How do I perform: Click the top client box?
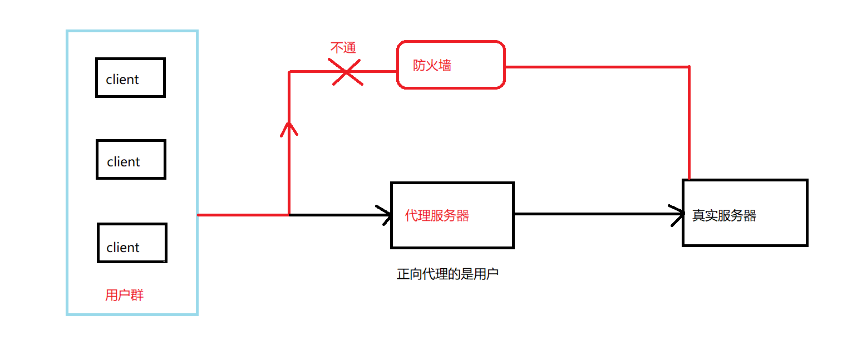tap(130, 77)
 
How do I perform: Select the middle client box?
tap(131, 160)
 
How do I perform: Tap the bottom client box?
tap(132, 243)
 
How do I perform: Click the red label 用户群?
tap(124, 295)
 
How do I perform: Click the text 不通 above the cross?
tap(343, 48)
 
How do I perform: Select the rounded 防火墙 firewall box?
tap(451, 65)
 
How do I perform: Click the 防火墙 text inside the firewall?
tap(432, 66)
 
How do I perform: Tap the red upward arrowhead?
tap(289, 129)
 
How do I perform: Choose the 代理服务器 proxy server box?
tap(452, 215)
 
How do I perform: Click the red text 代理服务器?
tap(437, 215)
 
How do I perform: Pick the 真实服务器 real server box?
tap(745, 213)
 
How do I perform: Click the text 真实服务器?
tap(724, 216)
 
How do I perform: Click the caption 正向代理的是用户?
tap(447, 274)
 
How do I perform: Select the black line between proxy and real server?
tap(595, 214)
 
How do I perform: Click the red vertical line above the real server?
tap(689, 122)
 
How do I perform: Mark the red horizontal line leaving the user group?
tap(243, 214)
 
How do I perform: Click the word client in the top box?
tap(122, 80)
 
